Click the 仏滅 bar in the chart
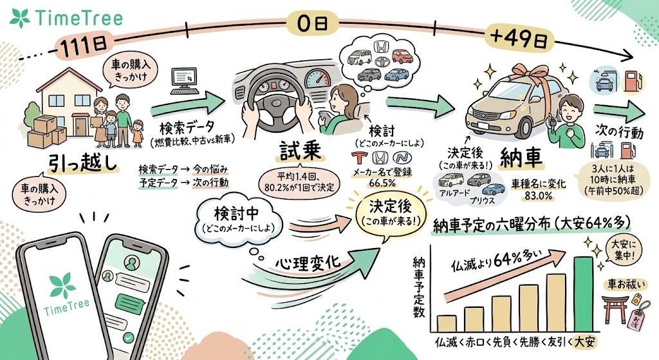pyautogui.click(x=446, y=322)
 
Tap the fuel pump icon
pyautogui.click(x=635, y=82)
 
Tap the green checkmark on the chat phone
pyautogui.click(x=129, y=336)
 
